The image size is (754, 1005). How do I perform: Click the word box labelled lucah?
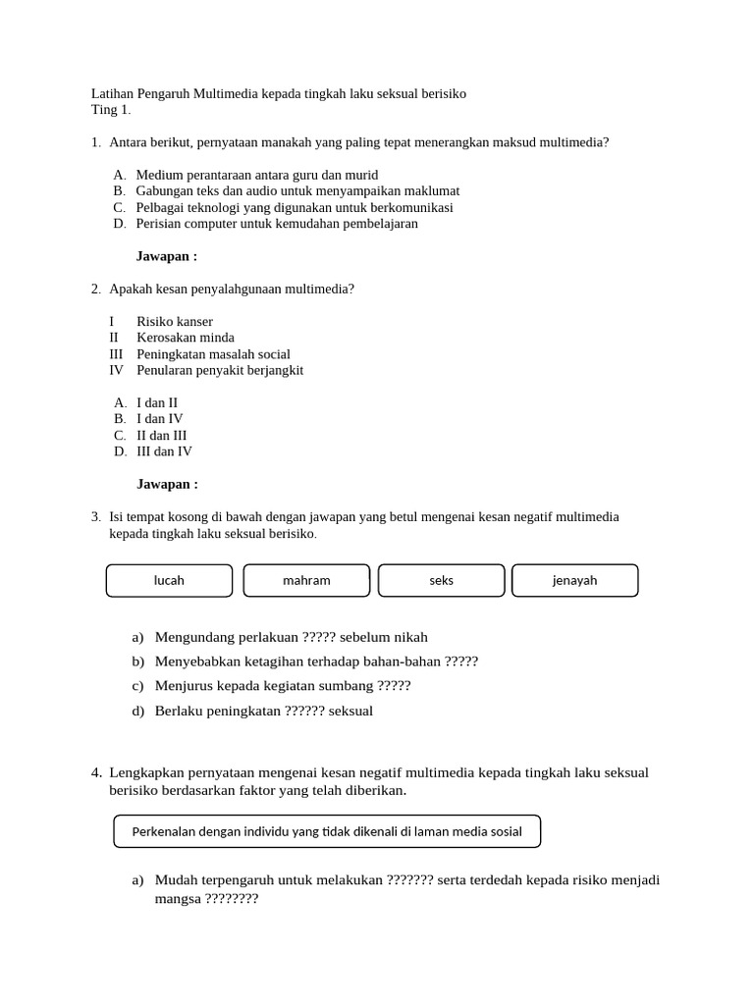pyautogui.click(x=169, y=580)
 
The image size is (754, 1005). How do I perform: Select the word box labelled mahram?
pyautogui.click(x=306, y=580)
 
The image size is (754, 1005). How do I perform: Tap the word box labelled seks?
pyautogui.click(x=441, y=580)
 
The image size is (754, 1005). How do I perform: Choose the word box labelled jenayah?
pyautogui.click(x=574, y=580)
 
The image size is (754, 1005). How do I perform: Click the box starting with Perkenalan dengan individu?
pyautogui.click(x=327, y=831)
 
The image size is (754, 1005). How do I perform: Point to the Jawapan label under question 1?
pyautogui.click(x=167, y=256)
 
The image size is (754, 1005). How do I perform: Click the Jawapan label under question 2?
pyautogui.click(x=167, y=484)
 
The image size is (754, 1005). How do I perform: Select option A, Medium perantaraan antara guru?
pyautogui.click(x=256, y=175)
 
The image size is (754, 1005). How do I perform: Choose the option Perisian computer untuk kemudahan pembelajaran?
pyautogui.click(x=277, y=223)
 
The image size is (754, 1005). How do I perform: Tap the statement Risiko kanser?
pyautogui.click(x=174, y=321)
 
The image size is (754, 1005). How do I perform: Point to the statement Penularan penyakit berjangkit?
pyautogui.click(x=220, y=370)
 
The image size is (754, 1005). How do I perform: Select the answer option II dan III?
pyautogui.click(x=161, y=435)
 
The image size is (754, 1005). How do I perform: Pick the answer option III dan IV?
pyautogui.click(x=164, y=451)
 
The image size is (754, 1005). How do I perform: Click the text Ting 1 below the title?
pyautogui.click(x=110, y=109)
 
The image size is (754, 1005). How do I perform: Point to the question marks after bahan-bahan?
pyautogui.click(x=460, y=661)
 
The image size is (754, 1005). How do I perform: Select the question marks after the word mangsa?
pyautogui.click(x=231, y=897)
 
